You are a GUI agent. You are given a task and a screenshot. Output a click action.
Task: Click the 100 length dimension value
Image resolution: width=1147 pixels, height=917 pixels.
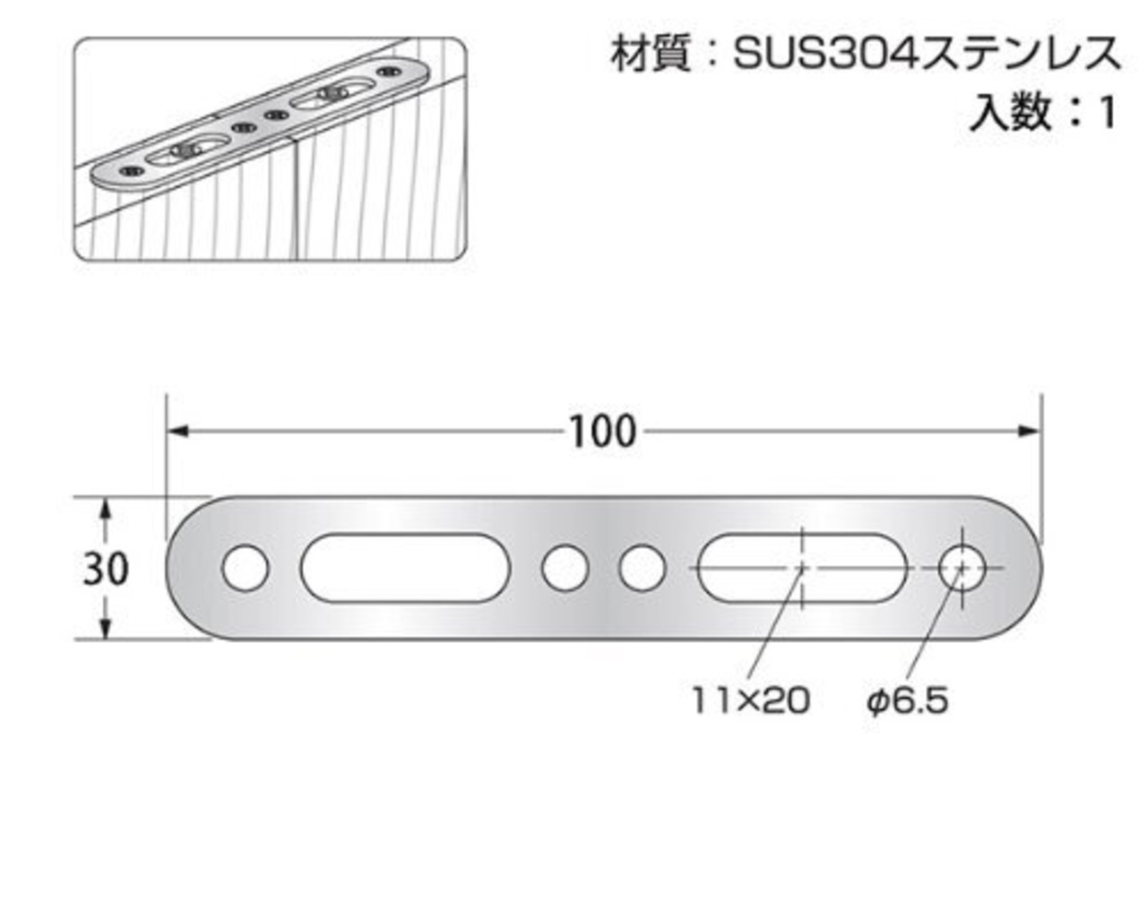(x=603, y=433)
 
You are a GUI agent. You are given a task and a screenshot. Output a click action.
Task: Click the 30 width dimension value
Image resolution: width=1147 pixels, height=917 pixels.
(x=106, y=569)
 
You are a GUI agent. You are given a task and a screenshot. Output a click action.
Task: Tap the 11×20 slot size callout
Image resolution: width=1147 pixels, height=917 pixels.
(x=750, y=700)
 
